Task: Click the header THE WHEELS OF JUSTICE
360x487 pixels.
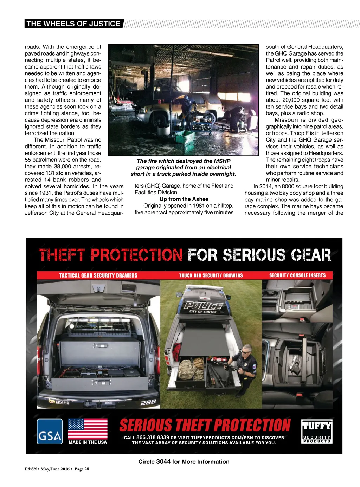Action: [73, 24]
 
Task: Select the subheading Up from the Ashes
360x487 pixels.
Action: [184, 199]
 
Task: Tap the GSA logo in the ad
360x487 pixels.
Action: [50, 431]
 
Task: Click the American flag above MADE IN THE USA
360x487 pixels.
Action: [88, 428]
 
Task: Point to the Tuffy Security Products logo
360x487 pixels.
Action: [317, 431]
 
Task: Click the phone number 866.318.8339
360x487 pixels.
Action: [153, 437]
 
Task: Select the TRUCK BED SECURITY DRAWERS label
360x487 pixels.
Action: [211, 275]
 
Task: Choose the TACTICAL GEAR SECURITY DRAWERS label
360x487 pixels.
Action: [98, 275]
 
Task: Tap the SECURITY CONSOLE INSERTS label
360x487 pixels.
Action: [297, 275]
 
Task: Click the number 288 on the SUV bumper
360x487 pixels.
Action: [148, 402]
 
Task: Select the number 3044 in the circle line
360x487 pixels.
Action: [163, 462]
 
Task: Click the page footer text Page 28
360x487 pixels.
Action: [82, 469]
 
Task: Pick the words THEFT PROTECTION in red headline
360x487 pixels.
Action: [110, 255]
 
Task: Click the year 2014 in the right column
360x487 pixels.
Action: [266, 186]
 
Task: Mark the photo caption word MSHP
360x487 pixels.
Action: [222, 161]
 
